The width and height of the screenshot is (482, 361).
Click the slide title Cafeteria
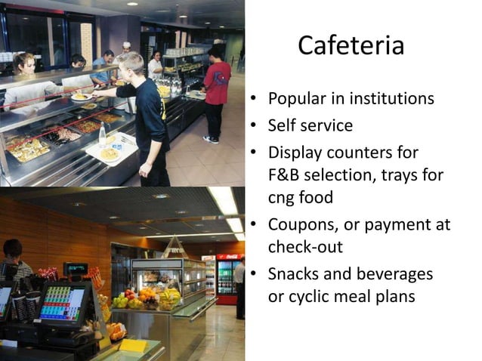pos(351,46)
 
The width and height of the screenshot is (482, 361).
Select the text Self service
pos(310,125)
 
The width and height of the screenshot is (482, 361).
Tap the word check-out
pos(304,247)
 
